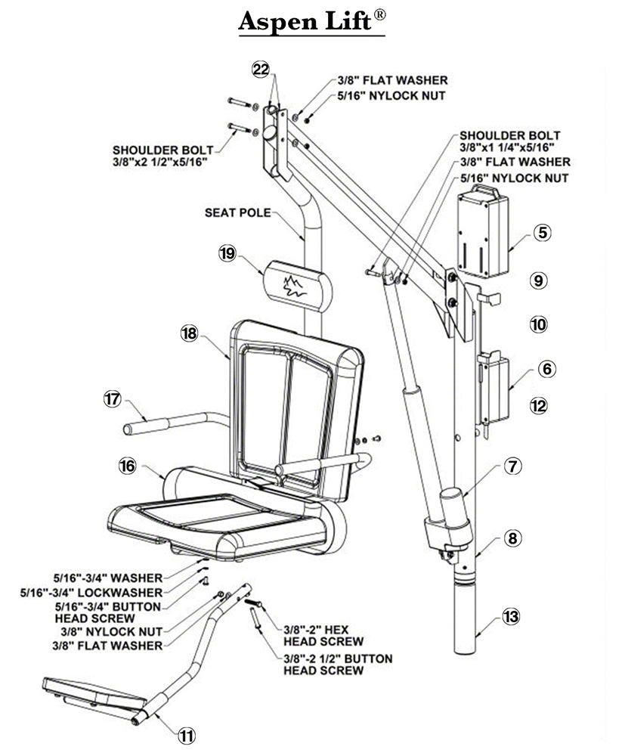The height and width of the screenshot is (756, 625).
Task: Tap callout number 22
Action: pos(261,70)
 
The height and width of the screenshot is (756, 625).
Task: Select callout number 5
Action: pos(542,233)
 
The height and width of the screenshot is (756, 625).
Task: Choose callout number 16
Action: pos(127,466)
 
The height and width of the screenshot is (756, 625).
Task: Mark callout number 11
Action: pos(186,733)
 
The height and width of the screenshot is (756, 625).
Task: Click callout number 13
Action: pos(512,616)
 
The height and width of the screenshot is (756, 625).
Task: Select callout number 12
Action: pos(538,406)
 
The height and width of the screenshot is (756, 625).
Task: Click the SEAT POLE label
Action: pos(237,213)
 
